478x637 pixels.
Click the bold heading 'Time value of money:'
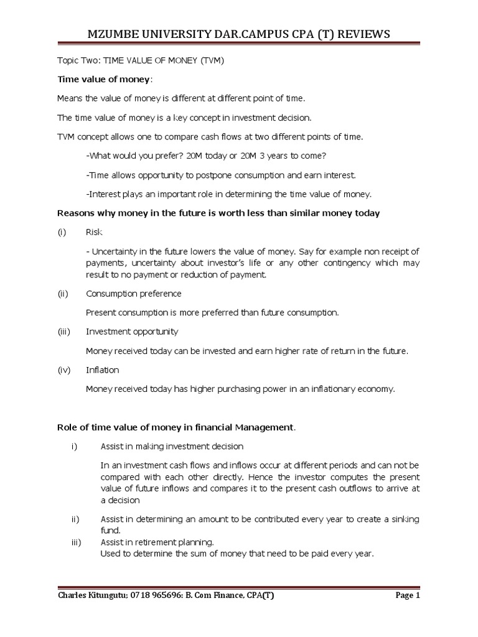(105, 80)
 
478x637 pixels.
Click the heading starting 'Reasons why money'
(218, 213)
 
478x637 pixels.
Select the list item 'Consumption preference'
(134, 293)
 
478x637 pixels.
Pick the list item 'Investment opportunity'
(132, 332)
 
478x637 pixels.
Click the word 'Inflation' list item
(103, 370)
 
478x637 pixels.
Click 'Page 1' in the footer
(408, 595)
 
